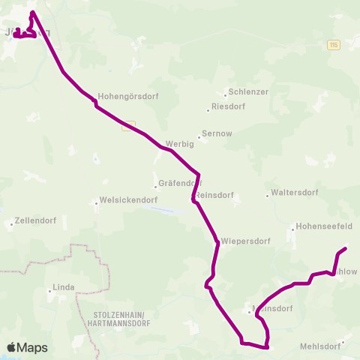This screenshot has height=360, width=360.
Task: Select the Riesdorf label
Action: [x=229, y=107]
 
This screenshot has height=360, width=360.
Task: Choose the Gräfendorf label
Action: [x=181, y=183]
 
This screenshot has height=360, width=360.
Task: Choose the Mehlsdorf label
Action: [x=320, y=346]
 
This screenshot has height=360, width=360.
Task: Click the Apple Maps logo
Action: [x=28, y=347]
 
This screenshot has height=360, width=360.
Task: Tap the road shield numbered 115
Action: [x=333, y=45]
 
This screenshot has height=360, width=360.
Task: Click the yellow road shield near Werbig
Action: [x=129, y=125]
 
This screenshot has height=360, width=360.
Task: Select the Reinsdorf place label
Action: [x=215, y=195]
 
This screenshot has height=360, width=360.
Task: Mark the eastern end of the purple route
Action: [x=345, y=248]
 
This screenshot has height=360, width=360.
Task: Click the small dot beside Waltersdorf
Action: [x=268, y=196]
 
